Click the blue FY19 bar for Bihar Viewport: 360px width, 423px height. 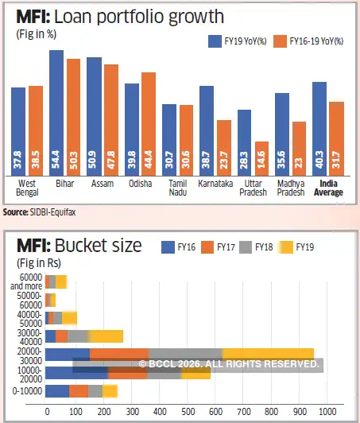pyautogui.click(x=56, y=111)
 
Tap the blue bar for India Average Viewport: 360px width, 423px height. pyautogui.click(x=319, y=127)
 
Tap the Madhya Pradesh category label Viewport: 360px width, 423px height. pyautogui.click(x=291, y=187)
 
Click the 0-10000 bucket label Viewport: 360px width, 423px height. pyautogui.click(x=27, y=390)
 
